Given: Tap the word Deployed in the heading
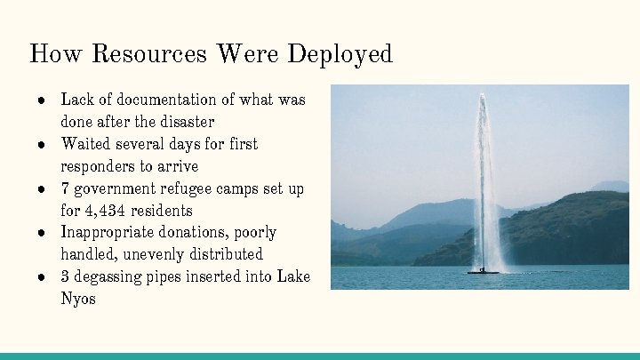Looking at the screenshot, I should pos(339,54).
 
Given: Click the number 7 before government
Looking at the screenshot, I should pos(66,188).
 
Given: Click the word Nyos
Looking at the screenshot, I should pos(78,299).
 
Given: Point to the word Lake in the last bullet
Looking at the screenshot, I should pos(293,276).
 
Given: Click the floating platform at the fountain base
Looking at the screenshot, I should pos(483,270).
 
